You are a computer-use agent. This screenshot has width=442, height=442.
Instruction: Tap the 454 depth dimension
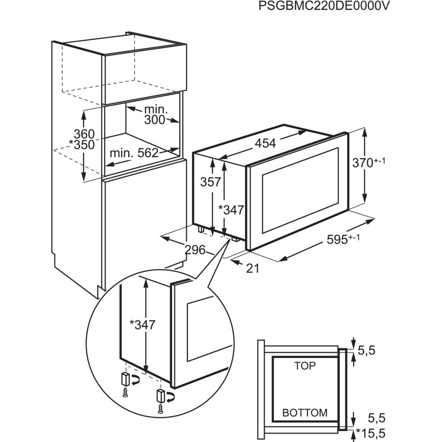266,143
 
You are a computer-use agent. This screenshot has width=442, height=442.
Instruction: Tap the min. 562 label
134,153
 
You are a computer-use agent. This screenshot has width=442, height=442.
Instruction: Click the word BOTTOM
304,413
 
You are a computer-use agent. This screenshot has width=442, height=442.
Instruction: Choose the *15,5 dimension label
371,434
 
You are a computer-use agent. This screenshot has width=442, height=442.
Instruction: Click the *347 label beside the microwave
231,210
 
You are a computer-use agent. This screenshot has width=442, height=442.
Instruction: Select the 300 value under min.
155,120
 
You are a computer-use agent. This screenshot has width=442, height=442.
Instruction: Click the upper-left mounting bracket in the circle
126,379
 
